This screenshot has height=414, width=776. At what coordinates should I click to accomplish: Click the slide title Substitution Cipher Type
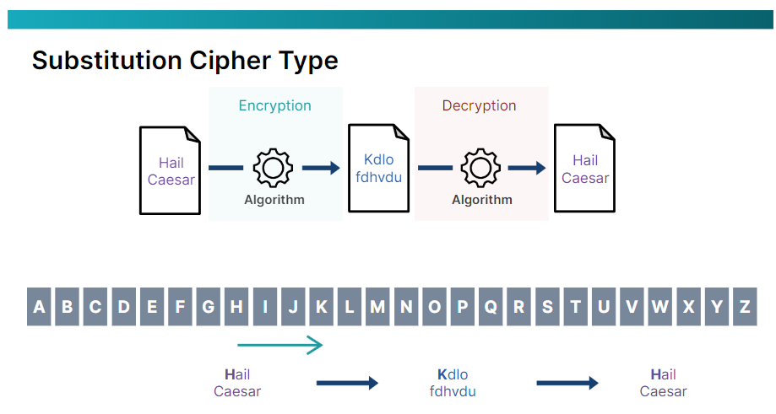click(x=185, y=61)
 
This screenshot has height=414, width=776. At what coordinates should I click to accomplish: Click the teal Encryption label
click(x=274, y=105)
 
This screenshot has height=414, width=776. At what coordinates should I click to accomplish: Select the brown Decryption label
click(x=479, y=105)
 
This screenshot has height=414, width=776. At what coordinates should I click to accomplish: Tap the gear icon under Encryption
click(x=273, y=168)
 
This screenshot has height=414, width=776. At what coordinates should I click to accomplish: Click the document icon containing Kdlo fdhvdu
click(x=378, y=169)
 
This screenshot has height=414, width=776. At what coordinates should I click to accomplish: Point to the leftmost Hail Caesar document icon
click(x=171, y=169)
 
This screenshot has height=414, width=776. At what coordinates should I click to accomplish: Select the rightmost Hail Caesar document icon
click(x=584, y=169)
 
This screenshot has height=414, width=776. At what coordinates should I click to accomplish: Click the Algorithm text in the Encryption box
click(x=274, y=200)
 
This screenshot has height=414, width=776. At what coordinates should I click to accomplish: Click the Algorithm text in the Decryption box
click(x=482, y=200)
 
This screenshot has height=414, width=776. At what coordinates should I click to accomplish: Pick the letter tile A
click(x=39, y=307)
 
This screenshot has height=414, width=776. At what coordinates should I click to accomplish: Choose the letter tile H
click(x=236, y=307)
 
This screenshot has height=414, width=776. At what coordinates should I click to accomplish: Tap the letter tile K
click(x=321, y=307)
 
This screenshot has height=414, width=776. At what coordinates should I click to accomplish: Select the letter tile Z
click(x=745, y=307)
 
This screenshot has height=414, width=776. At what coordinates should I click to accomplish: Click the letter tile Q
click(x=491, y=307)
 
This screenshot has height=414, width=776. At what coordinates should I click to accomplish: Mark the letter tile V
click(x=632, y=307)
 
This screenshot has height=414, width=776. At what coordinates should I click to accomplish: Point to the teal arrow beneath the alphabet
click(x=280, y=344)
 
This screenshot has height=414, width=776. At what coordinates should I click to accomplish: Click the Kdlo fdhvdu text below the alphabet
click(x=453, y=383)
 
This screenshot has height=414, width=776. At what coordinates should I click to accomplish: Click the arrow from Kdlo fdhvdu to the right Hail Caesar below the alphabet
click(x=567, y=383)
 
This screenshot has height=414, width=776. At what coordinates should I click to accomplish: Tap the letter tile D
click(x=123, y=307)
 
